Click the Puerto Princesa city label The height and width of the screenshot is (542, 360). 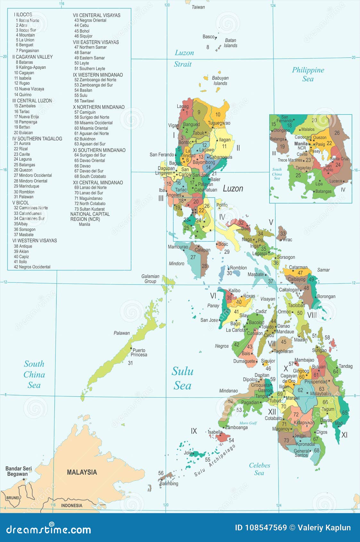coord(139,352)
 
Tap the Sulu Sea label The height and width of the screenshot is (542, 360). coord(182,378)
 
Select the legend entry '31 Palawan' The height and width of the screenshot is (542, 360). coord(23,197)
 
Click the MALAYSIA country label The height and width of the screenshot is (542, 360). coord(82,472)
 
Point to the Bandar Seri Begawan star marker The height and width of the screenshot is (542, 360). coord(23,480)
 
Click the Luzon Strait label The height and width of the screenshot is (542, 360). coord(184,58)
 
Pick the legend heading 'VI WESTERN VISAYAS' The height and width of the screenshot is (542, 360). coord(35,241)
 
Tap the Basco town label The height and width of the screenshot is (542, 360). coord(208,37)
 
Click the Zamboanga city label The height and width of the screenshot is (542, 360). coord(236,427)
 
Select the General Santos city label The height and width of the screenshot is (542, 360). coord(301,453)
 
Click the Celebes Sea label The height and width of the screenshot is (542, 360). coord(259,469)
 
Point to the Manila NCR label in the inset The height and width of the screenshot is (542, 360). coord(301,146)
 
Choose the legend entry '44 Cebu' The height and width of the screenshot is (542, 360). coord(81,25)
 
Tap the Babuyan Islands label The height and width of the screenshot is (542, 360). coord(220,80)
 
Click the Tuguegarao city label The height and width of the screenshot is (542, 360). coord(219,123)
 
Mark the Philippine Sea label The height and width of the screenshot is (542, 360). coord(308,74)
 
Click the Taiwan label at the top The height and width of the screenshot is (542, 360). coord(198,7)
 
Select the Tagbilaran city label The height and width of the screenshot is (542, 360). coord(283,351)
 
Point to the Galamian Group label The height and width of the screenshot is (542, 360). coord(150,279)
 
